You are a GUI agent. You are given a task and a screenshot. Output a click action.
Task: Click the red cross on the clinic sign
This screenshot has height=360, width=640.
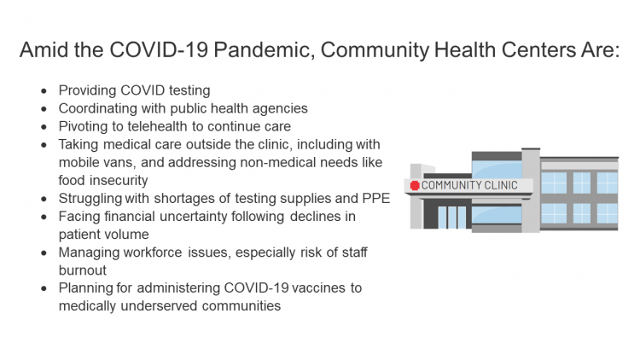pyautogui.click(x=416, y=185)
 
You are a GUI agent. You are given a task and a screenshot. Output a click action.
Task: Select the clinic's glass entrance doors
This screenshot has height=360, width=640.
pyautogui.click(x=452, y=217)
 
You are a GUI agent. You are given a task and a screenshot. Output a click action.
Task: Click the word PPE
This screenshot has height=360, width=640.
pyautogui.click(x=375, y=199)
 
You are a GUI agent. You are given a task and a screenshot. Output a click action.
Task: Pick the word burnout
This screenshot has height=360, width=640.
pyautogui.click(x=83, y=270)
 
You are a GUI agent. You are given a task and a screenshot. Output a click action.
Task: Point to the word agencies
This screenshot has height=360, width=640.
pyautogui.click(x=279, y=108)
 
